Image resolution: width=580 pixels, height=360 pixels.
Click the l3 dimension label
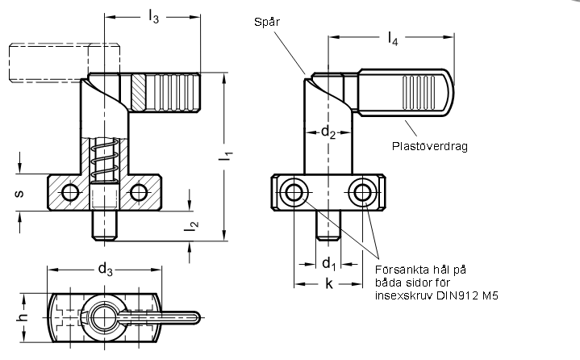point(153,17)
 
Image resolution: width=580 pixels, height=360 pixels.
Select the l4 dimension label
point(393,39)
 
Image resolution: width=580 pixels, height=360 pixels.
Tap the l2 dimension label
point(191,226)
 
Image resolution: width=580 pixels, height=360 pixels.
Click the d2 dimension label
point(328,132)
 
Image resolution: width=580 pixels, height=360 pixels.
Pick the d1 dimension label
point(328,264)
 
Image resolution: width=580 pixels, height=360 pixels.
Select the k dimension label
point(329,284)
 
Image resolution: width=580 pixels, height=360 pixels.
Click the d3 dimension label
point(105,270)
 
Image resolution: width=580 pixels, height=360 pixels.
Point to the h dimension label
point(23,317)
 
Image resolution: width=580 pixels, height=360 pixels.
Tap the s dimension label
point(19,193)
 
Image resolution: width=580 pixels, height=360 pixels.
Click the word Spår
point(267,23)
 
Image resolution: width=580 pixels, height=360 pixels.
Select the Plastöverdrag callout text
point(430,146)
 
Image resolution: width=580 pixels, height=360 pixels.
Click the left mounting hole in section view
point(70,192)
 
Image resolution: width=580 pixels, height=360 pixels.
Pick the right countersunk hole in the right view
point(362,192)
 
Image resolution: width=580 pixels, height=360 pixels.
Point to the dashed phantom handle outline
point(65,62)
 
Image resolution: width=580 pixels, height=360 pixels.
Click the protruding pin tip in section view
point(105,226)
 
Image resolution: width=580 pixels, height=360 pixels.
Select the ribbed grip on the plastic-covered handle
point(419,93)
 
